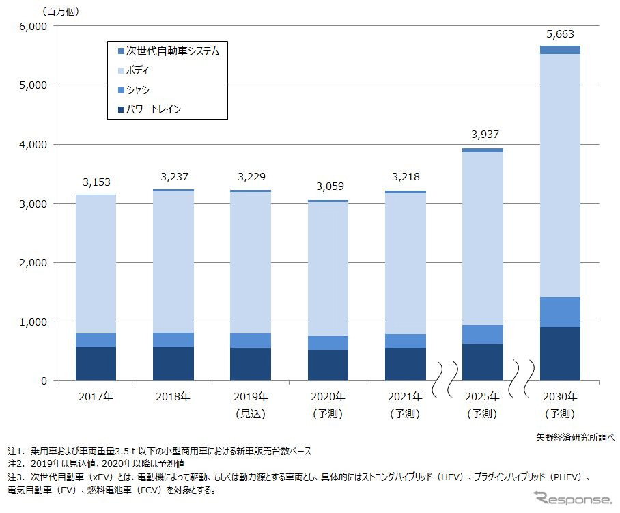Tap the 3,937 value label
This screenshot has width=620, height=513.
[x=483, y=134]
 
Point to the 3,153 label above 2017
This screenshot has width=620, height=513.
[x=96, y=182]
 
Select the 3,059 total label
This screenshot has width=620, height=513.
[x=328, y=186]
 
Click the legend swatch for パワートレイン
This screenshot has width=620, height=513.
[x=121, y=109]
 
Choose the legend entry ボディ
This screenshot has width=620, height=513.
[x=137, y=70]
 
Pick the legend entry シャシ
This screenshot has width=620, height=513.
[x=137, y=89]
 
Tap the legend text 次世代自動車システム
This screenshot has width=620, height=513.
[x=173, y=51]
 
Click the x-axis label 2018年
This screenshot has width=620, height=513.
[x=173, y=397]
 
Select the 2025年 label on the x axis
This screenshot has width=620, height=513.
[x=483, y=397]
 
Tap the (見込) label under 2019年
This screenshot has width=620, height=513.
[x=251, y=413]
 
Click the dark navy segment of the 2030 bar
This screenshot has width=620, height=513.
[x=560, y=354]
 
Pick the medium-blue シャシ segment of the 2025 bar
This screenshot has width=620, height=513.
[x=483, y=334]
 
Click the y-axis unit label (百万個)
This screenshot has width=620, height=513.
[x=61, y=11]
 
